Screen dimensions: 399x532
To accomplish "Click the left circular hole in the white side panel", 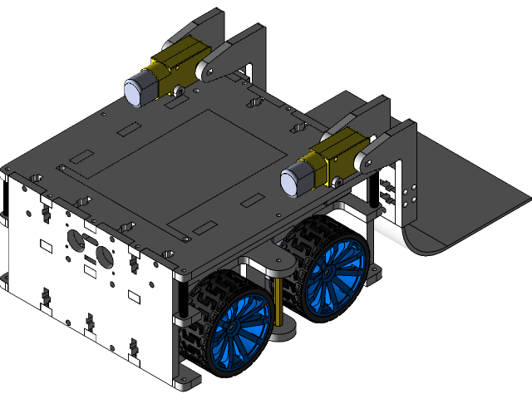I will (74, 241).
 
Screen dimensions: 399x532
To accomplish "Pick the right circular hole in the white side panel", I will (104, 254).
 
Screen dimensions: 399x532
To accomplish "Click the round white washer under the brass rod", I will (283, 332).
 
